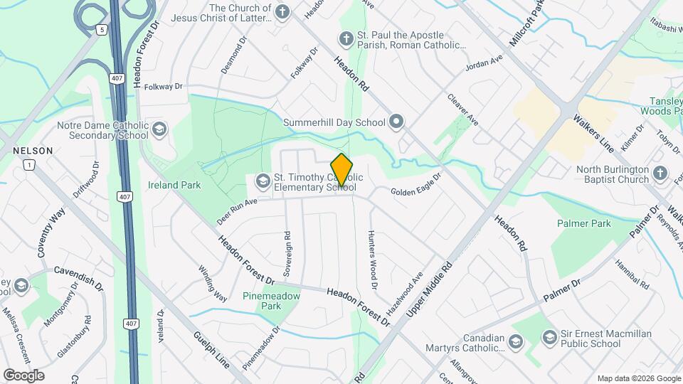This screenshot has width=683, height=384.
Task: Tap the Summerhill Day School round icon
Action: pos(396,122)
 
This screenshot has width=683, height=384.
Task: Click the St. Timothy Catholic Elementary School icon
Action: pos(263,181)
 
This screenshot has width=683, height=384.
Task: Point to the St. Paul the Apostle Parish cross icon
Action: pos(346,39)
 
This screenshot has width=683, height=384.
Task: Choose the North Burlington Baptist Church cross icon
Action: pos(660,174)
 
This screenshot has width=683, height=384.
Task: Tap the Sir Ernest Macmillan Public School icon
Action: pos(549,337)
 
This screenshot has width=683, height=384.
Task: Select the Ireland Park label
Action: pos(174,185)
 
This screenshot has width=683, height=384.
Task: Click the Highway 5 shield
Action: pos(103,30)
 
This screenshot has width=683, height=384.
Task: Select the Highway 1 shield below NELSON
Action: pos(28,165)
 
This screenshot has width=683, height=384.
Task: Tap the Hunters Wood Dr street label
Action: pos(371,260)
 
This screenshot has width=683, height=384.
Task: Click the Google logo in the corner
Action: pos(23,375)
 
